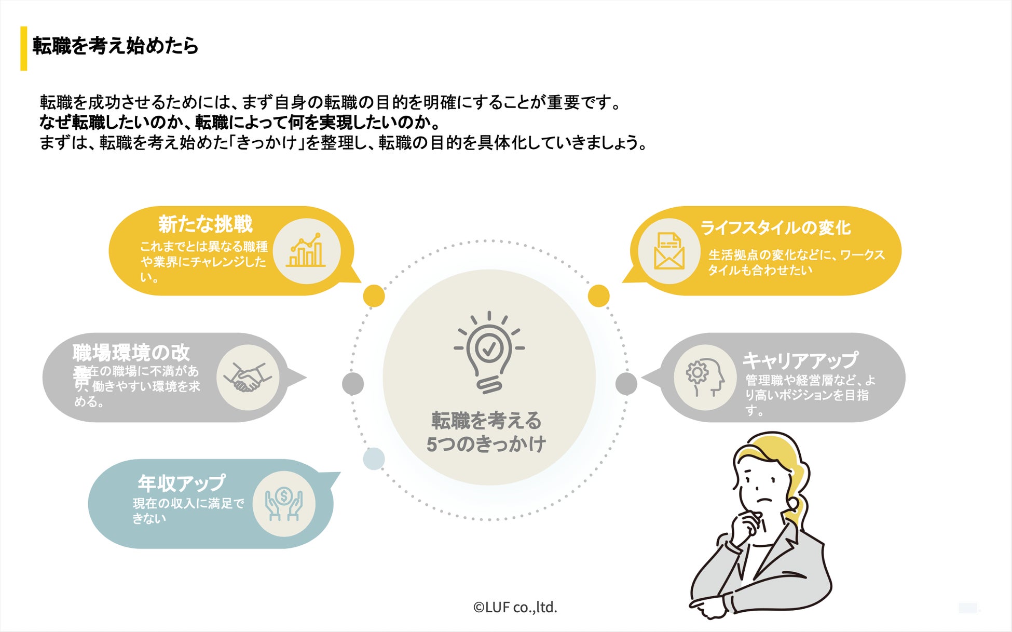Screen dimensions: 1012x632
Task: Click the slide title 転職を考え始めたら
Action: tap(115, 46)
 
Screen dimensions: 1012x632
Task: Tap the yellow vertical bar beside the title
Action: tap(23, 48)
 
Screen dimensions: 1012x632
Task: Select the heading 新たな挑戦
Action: tap(205, 224)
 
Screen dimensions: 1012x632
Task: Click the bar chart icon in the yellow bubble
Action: tap(306, 251)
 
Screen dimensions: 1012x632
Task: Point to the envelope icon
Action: tap(669, 251)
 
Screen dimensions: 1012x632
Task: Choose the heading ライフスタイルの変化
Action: tap(775, 227)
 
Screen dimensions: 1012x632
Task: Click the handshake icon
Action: tap(248, 378)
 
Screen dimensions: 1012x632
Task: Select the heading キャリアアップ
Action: tap(800, 360)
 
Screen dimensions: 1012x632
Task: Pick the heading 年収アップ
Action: tap(181, 483)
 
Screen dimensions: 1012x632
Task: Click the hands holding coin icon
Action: tap(284, 503)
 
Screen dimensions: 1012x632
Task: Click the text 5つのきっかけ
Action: tap(486, 444)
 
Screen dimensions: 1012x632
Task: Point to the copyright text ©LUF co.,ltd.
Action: tap(515, 607)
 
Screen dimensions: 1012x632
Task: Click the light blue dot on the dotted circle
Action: tap(374, 459)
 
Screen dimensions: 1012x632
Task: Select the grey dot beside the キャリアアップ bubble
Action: tap(626, 384)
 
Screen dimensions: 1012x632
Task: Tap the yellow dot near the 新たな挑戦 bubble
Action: tap(374, 296)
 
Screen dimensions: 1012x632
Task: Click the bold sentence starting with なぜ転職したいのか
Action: tap(240, 123)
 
